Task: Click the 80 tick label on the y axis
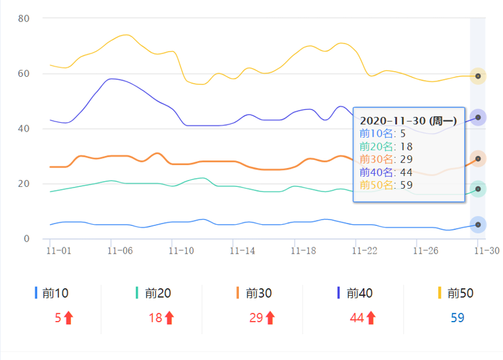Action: (x=24, y=18)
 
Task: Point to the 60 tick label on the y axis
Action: (x=24, y=74)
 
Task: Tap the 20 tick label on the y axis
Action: (x=24, y=184)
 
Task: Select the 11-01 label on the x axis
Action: (x=59, y=250)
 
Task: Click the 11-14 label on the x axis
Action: (x=242, y=250)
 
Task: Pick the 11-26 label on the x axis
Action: (x=425, y=250)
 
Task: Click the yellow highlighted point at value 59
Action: (x=478, y=76)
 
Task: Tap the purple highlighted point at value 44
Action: (x=478, y=118)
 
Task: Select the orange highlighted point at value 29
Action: (x=478, y=159)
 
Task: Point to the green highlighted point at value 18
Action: (x=478, y=189)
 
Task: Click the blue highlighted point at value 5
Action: (x=478, y=225)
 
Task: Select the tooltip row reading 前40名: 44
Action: (x=387, y=172)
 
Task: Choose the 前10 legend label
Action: (x=55, y=293)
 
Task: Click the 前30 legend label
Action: (x=258, y=293)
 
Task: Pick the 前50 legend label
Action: (x=460, y=293)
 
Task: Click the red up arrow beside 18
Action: (x=169, y=318)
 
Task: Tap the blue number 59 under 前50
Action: (x=457, y=318)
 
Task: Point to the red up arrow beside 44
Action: (x=371, y=318)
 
